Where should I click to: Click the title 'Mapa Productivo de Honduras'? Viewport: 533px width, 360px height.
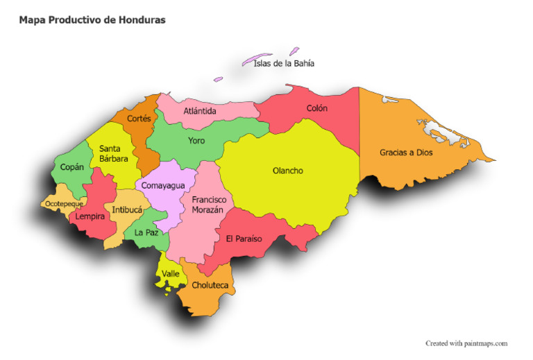(92, 20)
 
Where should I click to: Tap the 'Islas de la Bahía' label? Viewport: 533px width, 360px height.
(284, 63)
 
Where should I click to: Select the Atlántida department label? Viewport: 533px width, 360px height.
(200, 111)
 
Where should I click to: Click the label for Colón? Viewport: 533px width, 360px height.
(317, 108)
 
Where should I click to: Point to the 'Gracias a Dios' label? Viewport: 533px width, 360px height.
(406, 153)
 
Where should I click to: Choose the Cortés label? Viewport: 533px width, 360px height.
(139, 119)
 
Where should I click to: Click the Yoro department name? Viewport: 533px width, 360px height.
(196, 141)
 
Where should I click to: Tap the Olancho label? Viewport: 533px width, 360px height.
(287, 171)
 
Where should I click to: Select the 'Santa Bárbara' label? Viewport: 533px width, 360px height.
(113, 153)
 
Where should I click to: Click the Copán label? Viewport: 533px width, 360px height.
(71, 167)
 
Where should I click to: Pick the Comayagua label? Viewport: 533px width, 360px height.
(163, 186)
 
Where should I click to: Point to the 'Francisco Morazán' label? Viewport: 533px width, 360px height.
(209, 205)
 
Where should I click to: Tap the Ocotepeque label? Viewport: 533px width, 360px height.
(64, 204)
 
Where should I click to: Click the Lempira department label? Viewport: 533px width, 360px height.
(90, 216)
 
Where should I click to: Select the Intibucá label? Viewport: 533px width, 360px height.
(127, 209)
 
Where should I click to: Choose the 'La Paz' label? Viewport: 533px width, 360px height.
(146, 232)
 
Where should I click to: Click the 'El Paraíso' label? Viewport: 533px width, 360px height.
(244, 238)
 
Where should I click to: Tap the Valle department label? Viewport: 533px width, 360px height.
(170, 274)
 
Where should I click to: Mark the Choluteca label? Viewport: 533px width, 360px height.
(210, 285)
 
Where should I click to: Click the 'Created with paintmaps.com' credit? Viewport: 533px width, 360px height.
(466, 343)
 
